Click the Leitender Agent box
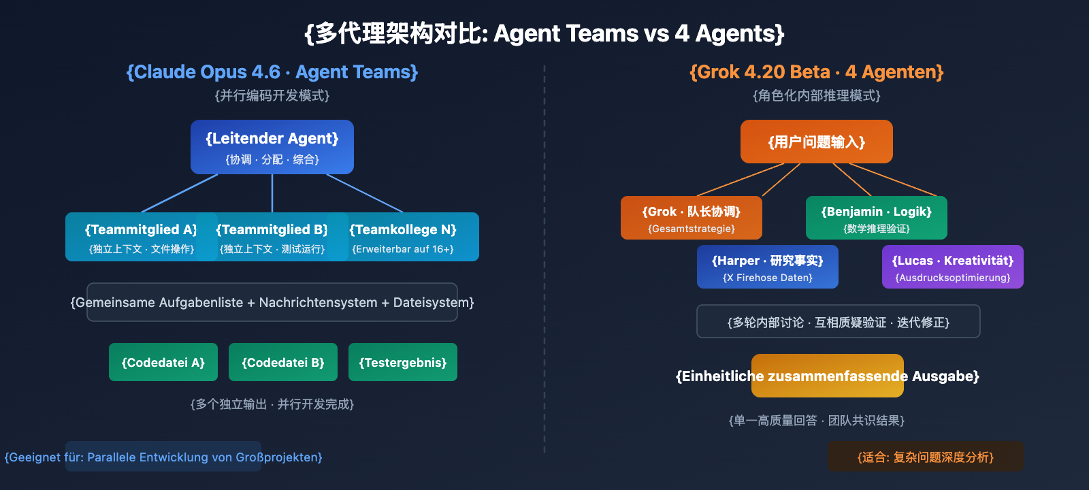[x=272, y=147]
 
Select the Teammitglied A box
[x=136, y=237]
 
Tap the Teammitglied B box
[x=272, y=237]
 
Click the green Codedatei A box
[x=163, y=362]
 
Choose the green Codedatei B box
[x=283, y=362]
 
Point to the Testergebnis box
[x=403, y=362]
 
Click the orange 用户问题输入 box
[x=817, y=142]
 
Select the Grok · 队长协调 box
[x=692, y=218]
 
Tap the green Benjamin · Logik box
[x=877, y=218]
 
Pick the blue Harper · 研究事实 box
[x=768, y=267]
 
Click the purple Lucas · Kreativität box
[x=953, y=267]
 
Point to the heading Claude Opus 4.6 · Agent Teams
[x=272, y=72]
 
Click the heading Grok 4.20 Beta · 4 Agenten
[x=817, y=72]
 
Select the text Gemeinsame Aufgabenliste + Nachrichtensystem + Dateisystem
[x=272, y=302]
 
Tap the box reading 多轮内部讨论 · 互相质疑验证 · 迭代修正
[x=839, y=321]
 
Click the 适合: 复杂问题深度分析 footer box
[x=926, y=457]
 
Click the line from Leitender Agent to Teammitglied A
[x=180, y=193]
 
